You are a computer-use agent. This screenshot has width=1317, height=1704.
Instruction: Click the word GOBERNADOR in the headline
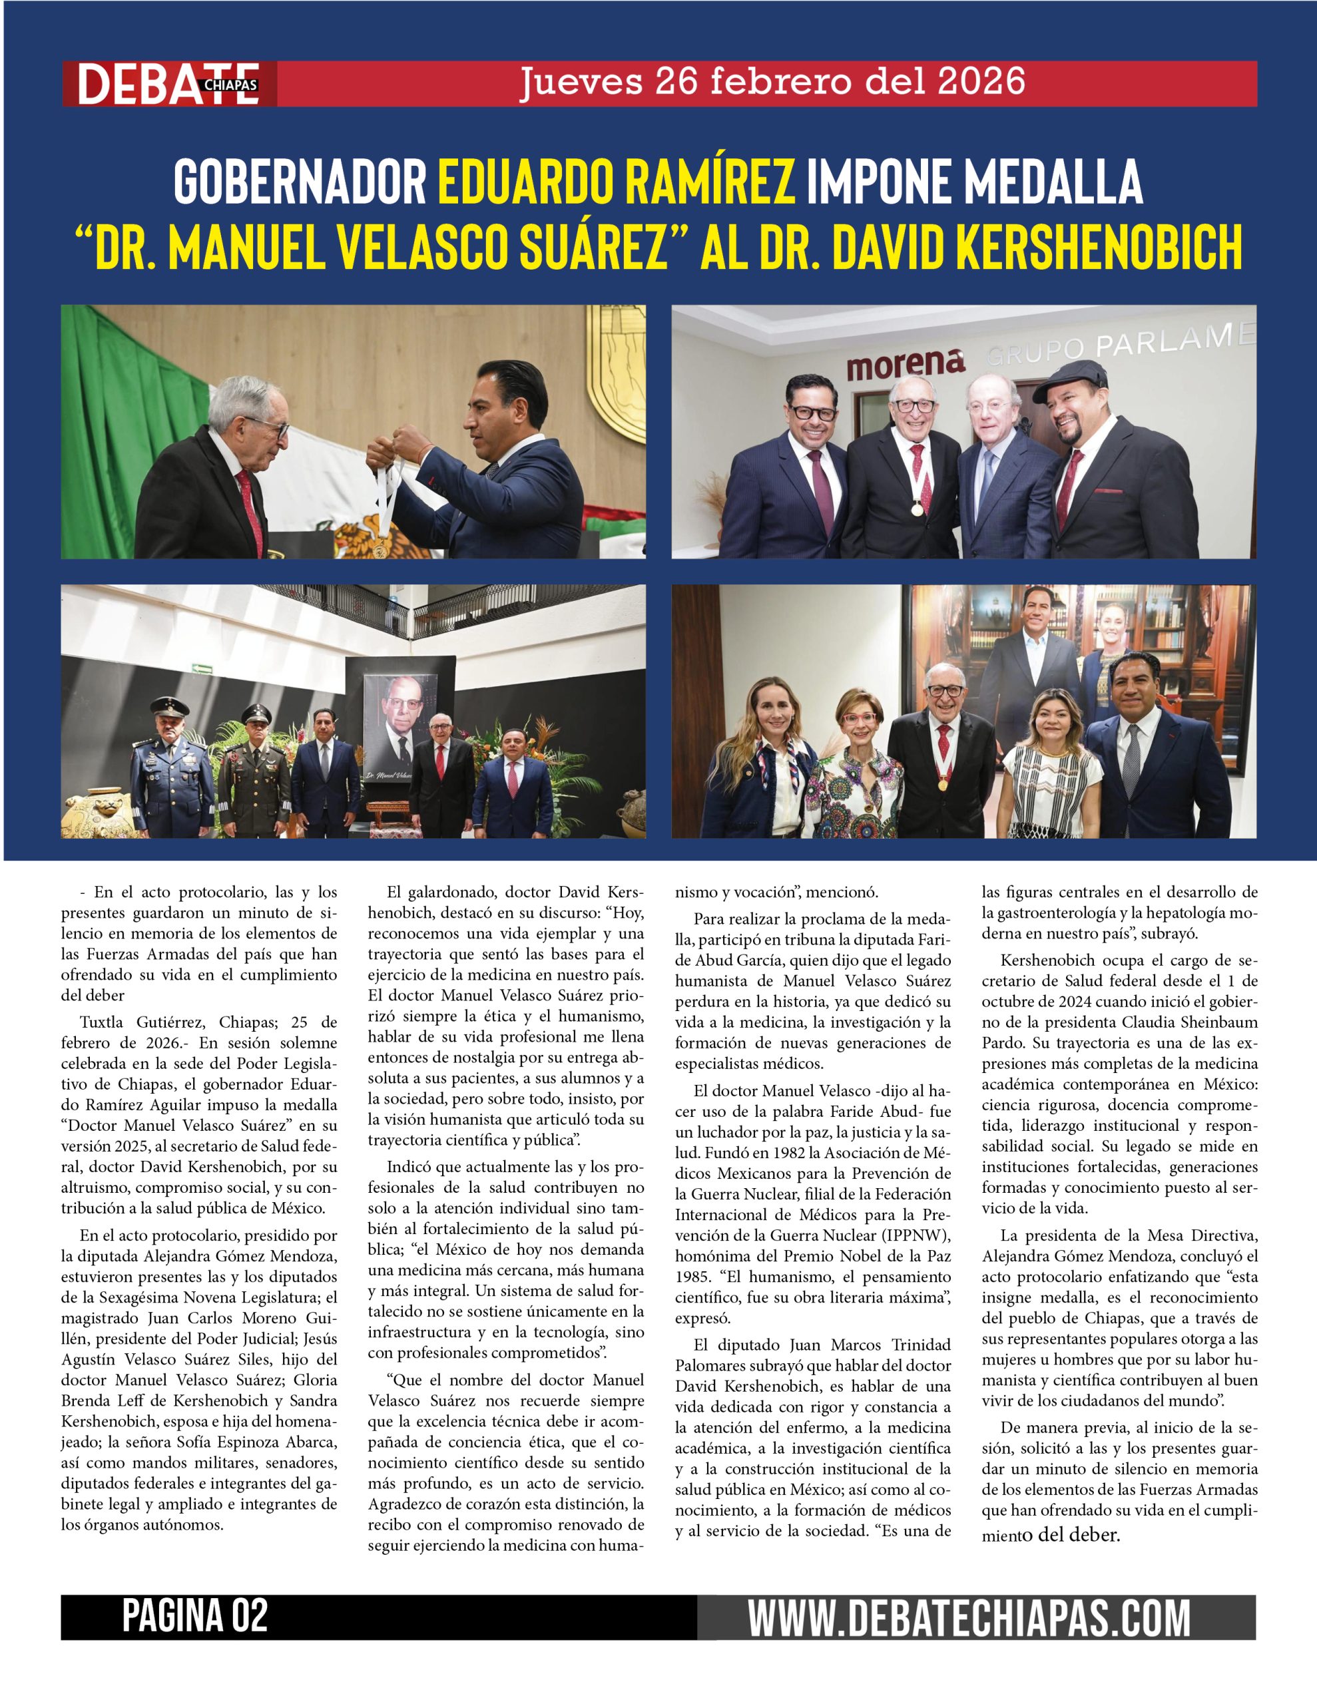pyautogui.click(x=300, y=182)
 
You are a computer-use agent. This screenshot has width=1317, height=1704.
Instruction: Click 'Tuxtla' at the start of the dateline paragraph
pyautogui.click(x=103, y=1022)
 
